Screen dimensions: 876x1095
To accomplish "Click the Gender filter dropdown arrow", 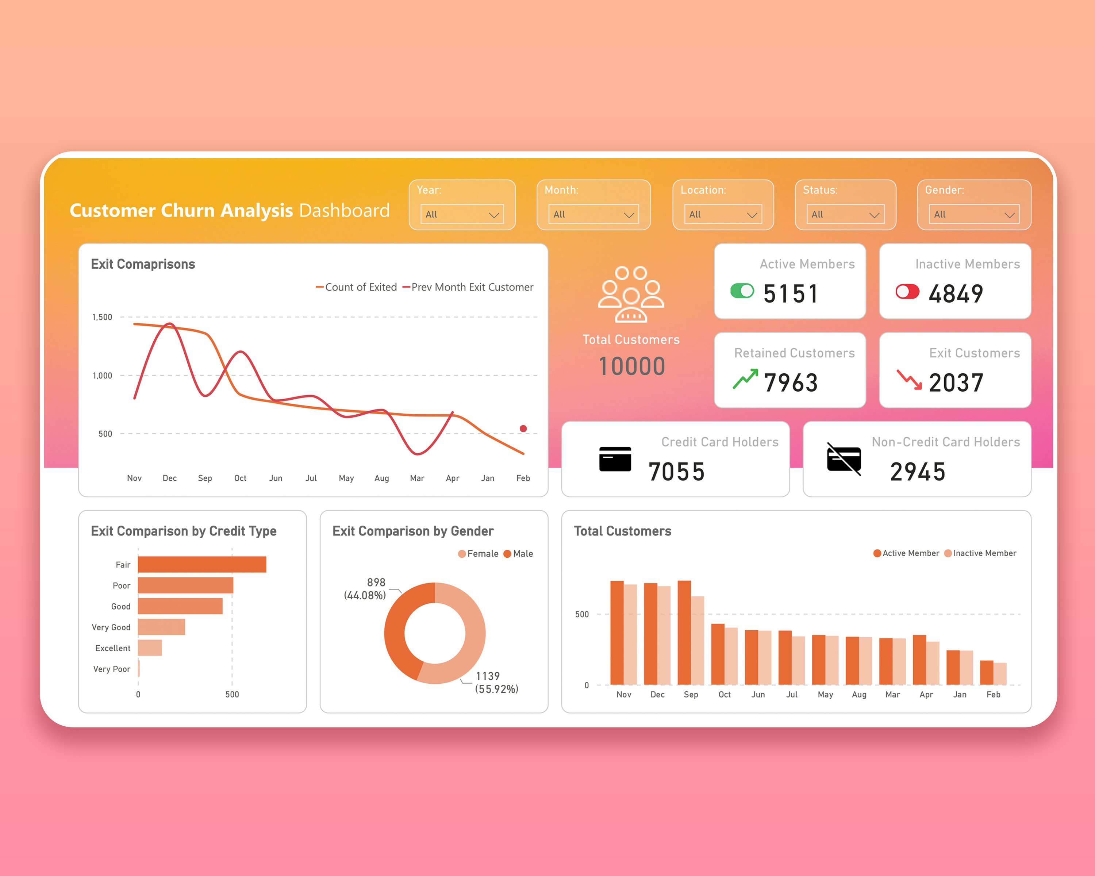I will (1009, 215).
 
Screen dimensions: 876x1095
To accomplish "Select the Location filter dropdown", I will (723, 214).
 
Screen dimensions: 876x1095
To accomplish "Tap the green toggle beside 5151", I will (742, 291).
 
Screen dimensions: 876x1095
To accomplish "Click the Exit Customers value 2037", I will (956, 383).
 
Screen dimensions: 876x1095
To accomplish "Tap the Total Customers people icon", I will (631, 294).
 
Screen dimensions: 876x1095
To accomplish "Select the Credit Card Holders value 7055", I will (676, 472).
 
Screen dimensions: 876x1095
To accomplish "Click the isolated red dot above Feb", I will (523, 429).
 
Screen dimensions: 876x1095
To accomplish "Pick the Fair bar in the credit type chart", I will (202, 565).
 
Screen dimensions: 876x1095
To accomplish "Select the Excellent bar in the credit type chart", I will (150, 648).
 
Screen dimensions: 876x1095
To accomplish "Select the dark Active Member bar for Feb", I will (986, 672).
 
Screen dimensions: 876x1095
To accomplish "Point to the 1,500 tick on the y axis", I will (102, 317).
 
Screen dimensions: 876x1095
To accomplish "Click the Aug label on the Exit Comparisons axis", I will (381, 478).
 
